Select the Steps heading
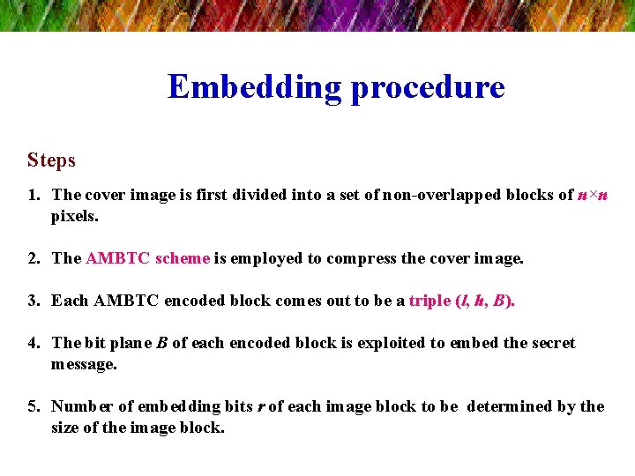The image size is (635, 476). [51, 160]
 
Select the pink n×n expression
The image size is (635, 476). [593, 195]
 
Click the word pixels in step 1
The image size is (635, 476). [74, 215]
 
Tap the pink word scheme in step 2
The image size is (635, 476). [183, 258]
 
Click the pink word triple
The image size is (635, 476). [430, 301]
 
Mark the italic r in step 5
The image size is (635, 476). [261, 407]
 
